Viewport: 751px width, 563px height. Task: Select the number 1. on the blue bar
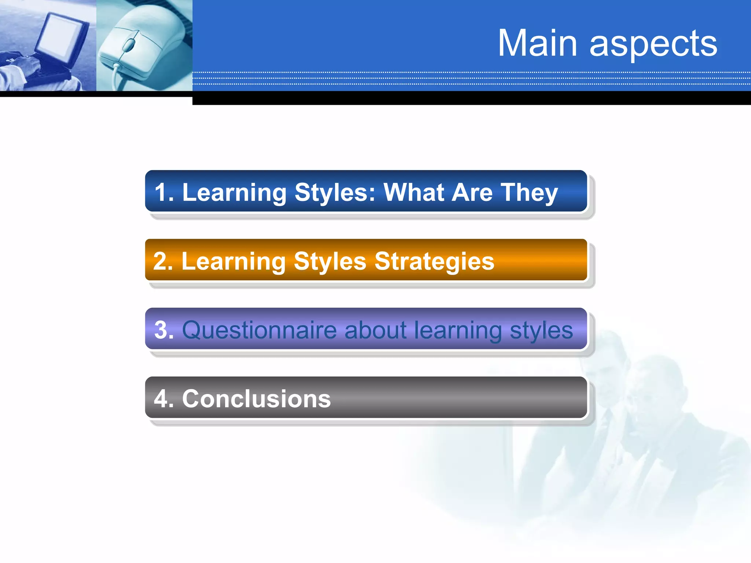coord(164,192)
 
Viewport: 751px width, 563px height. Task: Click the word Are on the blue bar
coord(472,192)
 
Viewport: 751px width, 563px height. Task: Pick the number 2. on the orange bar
coord(163,261)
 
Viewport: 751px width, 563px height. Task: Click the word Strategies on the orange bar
coord(434,262)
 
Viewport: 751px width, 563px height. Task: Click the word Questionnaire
coord(259,330)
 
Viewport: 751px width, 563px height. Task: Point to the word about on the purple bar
coord(375,330)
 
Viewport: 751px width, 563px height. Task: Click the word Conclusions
coord(256,399)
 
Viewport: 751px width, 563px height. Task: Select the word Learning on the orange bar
coord(234,262)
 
